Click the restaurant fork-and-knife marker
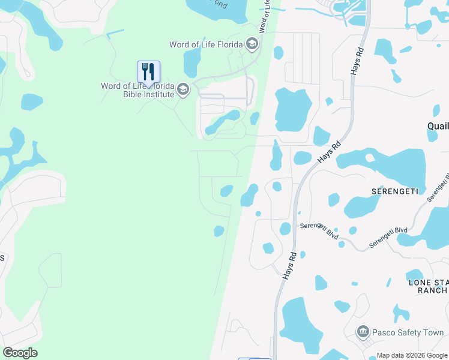148,72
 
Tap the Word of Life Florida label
206,44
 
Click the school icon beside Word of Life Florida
252,44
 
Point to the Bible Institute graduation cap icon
183,91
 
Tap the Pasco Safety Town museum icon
363,332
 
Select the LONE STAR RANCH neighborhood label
427,286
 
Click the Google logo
20,352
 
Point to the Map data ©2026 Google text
412,355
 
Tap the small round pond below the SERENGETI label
352,230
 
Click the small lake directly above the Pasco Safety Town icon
342,306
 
